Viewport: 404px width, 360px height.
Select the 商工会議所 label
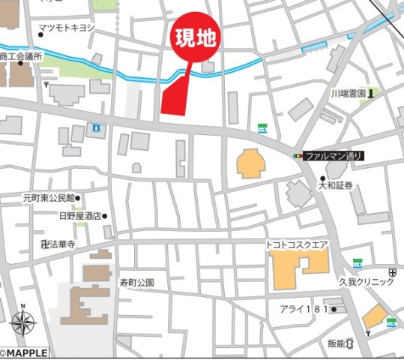(x=22, y=56)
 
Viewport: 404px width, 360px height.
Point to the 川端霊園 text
(x=348, y=93)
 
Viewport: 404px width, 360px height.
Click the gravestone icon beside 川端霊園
(x=371, y=92)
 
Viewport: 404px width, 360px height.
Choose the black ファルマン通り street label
(x=334, y=156)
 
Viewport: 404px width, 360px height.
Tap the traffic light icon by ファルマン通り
(x=298, y=156)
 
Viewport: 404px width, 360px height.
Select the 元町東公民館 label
(x=47, y=198)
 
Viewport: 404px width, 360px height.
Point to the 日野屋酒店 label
(x=79, y=216)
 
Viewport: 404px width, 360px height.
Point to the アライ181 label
(x=303, y=309)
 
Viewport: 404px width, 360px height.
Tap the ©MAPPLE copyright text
(x=24, y=352)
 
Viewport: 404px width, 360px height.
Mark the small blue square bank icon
(x=97, y=129)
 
